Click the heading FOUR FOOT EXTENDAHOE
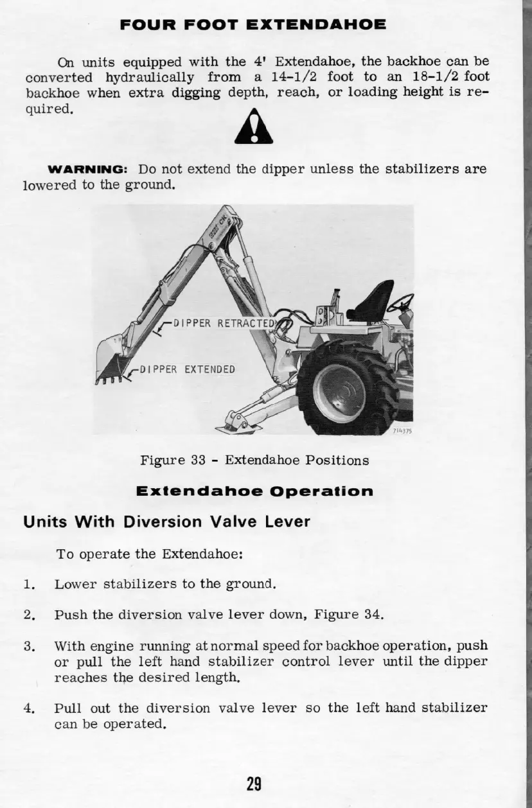click(x=253, y=26)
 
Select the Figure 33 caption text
click(x=254, y=460)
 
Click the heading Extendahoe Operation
click(x=254, y=491)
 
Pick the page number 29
click(x=254, y=784)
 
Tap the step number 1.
click(x=28, y=584)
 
